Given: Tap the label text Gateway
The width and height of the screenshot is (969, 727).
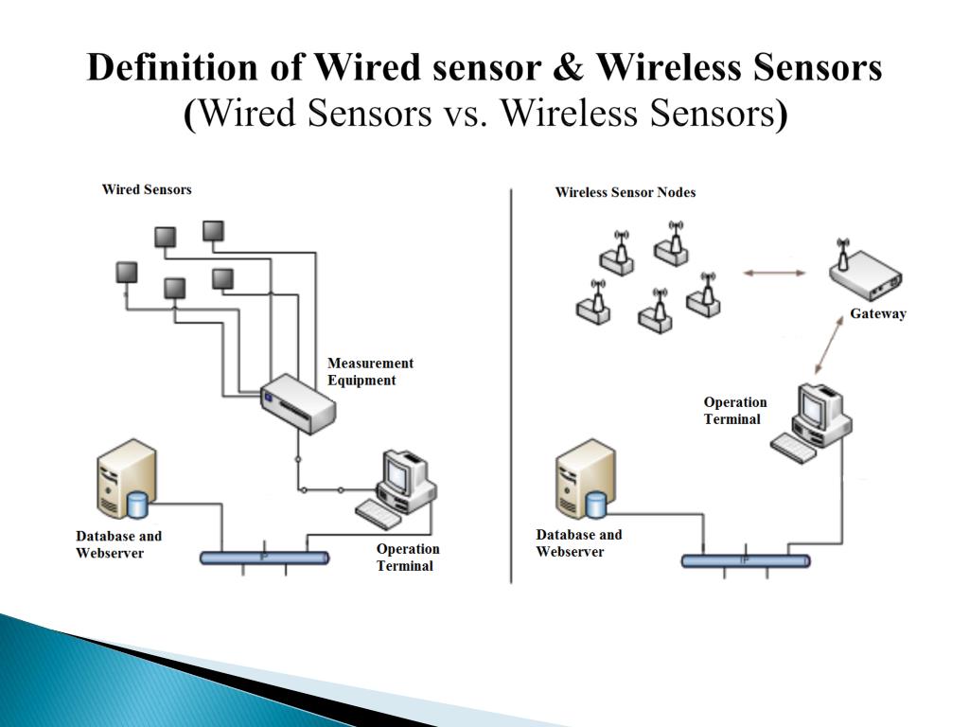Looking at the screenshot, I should pos(877,314).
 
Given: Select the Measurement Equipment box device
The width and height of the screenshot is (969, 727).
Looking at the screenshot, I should pos(298,402).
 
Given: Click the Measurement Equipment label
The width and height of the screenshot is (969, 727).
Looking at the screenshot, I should pos(370,372).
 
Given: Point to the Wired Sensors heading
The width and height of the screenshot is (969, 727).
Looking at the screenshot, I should pos(147,189).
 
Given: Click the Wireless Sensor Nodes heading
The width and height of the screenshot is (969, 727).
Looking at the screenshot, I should pos(625,192).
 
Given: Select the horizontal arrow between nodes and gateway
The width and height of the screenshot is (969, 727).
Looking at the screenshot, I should pos(773,274).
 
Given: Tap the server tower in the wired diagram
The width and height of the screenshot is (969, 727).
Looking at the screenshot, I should pos(126,479).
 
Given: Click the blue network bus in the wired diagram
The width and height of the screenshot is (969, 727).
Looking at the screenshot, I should pos(264,558).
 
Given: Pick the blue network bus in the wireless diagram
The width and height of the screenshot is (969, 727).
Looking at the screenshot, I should pos(746,560).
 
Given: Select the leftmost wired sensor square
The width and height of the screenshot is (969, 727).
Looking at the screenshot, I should pos(127,273).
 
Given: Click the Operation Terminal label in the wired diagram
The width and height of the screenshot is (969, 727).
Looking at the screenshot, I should pos(408,558).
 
